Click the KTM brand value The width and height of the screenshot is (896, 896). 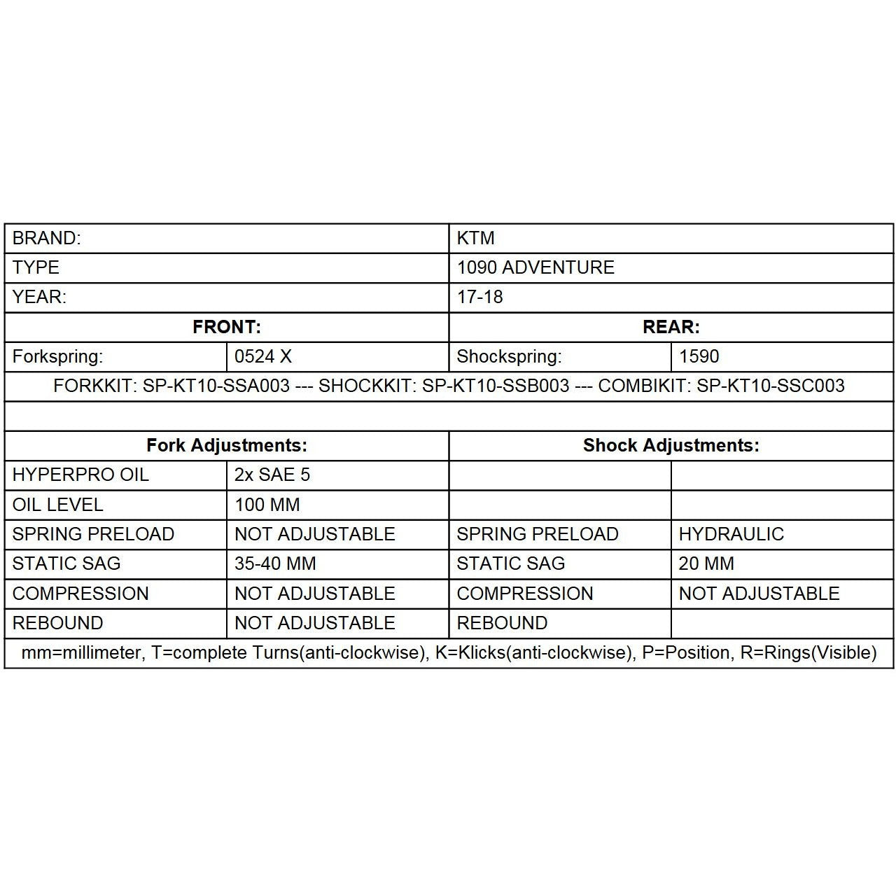(x=475, y=238)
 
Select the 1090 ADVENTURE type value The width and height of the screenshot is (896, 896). (x=535, y=267)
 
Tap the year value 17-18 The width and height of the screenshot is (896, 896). (x=479, y=297)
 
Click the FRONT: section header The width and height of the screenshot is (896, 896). (x=226, y=327)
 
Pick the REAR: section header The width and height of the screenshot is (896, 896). (x=671, y=327)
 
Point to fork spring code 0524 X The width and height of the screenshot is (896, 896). (x=262, y=356)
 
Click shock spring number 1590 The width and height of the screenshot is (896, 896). (x=699, y=356)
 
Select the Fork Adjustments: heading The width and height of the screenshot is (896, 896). (x=226, y=445)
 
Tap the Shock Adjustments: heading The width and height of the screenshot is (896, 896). (x=671, y=445)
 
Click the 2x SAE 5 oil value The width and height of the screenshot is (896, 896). (x=272, y=475)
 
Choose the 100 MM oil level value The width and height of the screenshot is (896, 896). (x=267, y=505)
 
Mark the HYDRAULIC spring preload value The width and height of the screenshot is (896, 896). (x=731, y=534)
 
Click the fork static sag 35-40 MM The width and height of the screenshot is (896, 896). (x=275, y=563)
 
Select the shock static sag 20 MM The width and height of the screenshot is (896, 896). (x=706, y=563)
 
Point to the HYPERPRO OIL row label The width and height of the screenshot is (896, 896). (x=80, y=475)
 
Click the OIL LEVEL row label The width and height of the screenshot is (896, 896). (x=57, y=505)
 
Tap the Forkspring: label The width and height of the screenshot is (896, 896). (x=57, y=356)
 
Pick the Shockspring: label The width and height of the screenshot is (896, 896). (x=509, y=356)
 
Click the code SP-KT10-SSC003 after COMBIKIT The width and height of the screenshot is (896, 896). (x=770, y=386)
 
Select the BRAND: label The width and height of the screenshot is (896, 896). (x=46, y=238)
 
